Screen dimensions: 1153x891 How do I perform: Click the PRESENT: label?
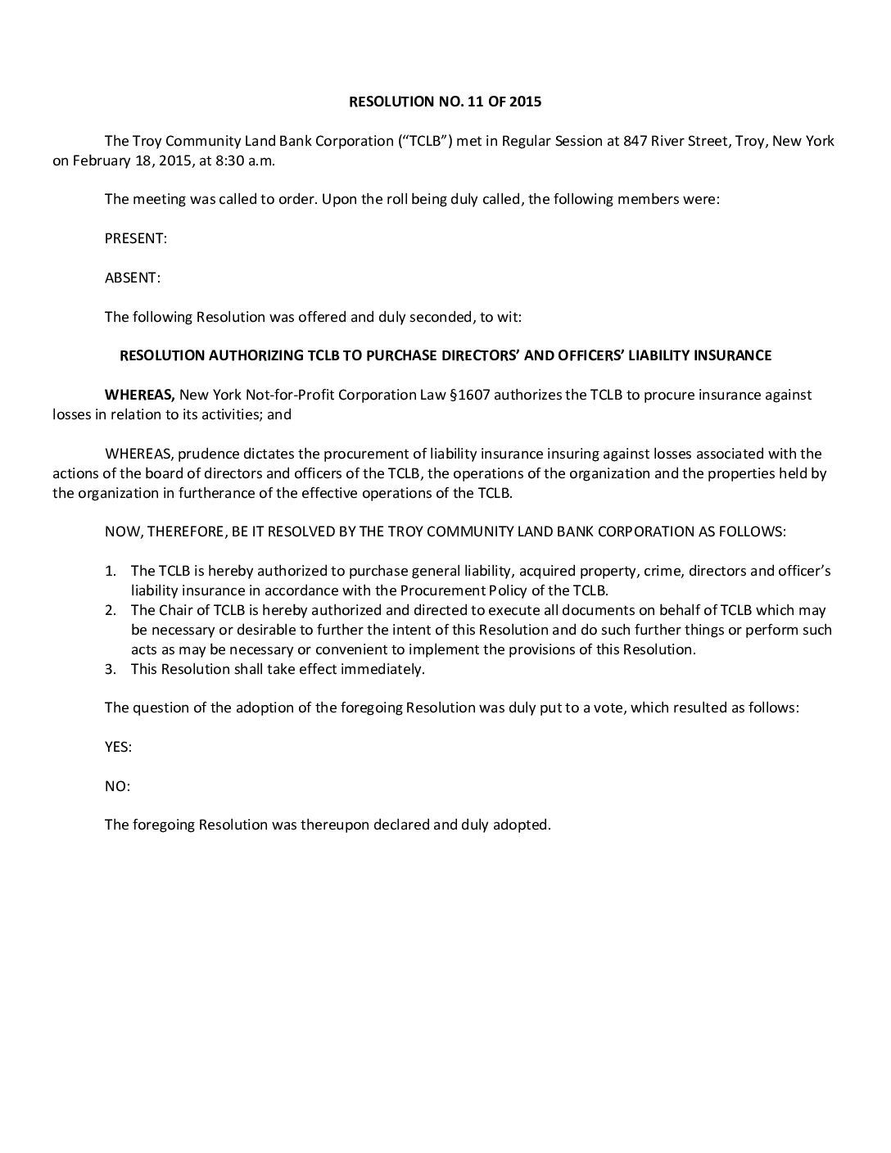[136, 238]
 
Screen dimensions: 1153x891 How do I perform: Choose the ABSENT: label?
[133, 278]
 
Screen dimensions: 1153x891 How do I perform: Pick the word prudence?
[206, 454]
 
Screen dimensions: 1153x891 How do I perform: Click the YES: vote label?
[119, 747]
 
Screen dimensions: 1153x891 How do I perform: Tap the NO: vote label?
[117, 786]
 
